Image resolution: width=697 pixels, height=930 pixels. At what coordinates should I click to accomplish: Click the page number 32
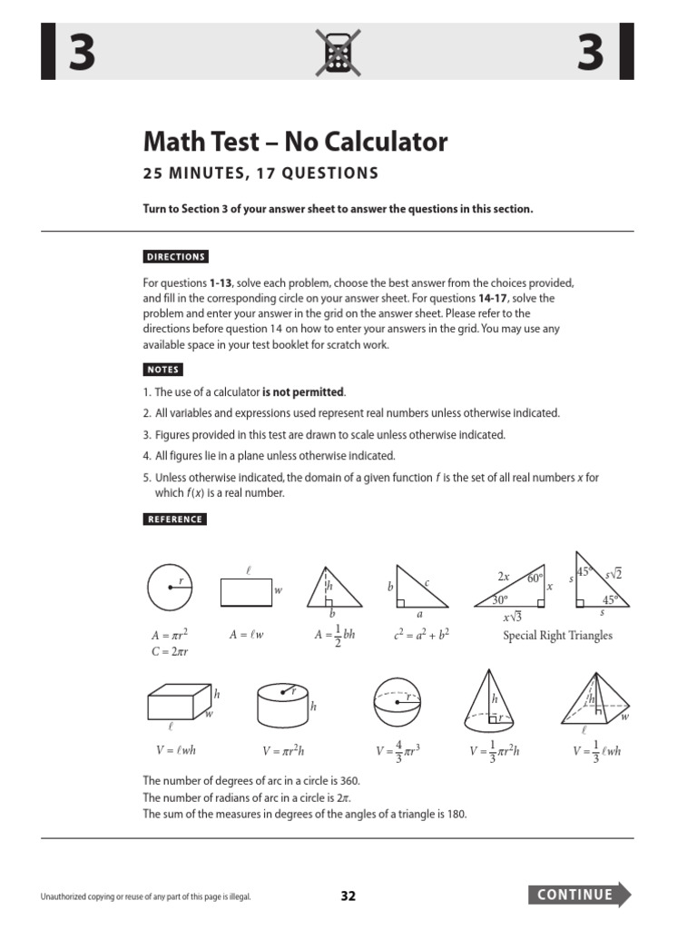point(348,895)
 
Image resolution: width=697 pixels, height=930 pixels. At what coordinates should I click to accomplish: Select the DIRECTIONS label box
point(175,256)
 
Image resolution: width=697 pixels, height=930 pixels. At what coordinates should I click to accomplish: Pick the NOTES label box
point(163,370)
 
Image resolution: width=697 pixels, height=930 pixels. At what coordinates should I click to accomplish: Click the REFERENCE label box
point(174,519)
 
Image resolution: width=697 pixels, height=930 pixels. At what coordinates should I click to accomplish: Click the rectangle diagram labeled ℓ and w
point(246,592)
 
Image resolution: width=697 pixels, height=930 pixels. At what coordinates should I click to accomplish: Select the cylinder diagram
point(283,703)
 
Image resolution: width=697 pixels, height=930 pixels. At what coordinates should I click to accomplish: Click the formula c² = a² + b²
point(422,636)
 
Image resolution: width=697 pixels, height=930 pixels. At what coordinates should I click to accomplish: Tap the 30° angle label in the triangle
point(499,600)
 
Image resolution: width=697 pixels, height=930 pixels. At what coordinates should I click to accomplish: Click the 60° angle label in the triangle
point(534,578)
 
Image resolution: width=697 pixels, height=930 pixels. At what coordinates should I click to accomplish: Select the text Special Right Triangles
point(557,636)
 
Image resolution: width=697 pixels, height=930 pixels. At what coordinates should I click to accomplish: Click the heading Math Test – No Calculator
point(295,142)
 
